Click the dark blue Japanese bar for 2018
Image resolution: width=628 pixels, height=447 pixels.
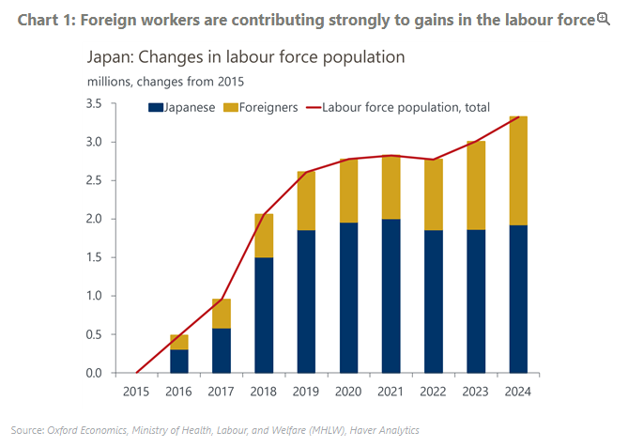click(x=266, y=315)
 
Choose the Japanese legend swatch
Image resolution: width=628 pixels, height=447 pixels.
click(x=156, y=108)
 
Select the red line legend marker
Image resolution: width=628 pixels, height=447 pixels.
click(x=312, y=108)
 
